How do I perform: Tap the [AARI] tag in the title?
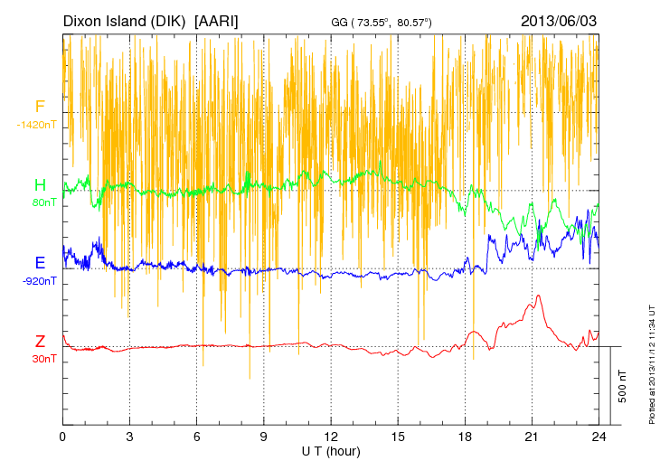click(217, 20)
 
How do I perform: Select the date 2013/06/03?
click(559, 20)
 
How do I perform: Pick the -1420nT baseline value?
click(36, 125)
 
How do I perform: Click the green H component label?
click(40, 185)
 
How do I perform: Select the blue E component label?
click(40, 264)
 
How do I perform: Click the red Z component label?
click(40, 342)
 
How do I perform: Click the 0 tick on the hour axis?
click(62, 436)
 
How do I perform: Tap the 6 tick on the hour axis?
click(197, 436)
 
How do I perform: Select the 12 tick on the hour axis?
click(331, 436)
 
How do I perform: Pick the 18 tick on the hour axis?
click(465, 436)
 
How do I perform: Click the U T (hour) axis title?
click(331, 450)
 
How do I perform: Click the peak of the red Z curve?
click(538, 296)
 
